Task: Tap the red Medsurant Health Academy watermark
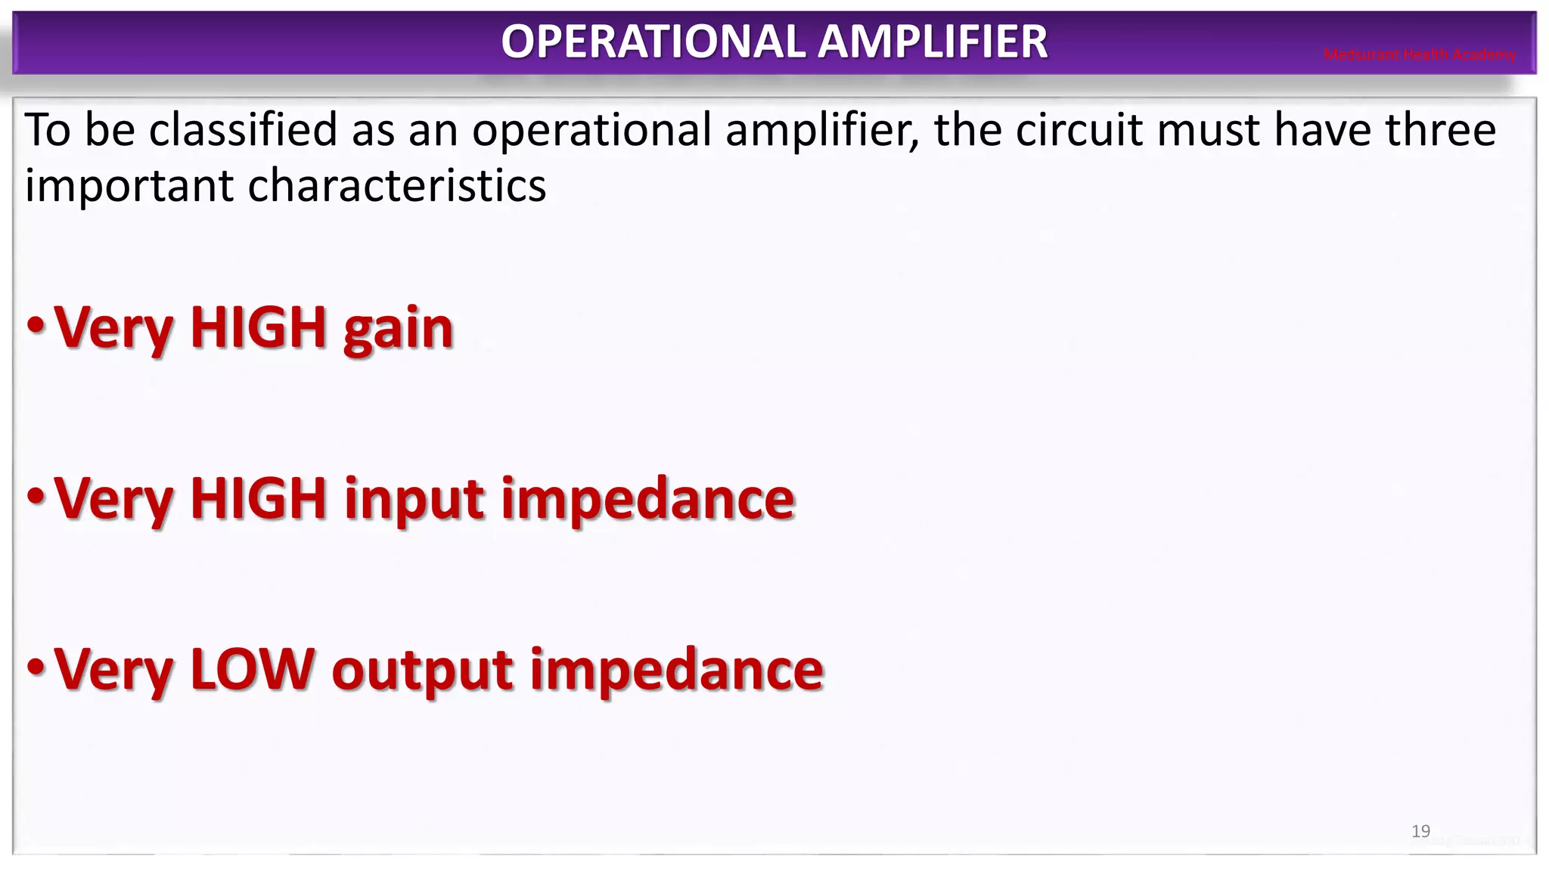(1419, 54)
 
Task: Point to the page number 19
(1420, 831)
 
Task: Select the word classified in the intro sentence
(243, 129)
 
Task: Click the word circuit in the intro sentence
(1079, 129)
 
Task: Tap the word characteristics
(396, 185)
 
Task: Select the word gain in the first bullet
(398, 330)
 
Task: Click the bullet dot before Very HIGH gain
(36, 325)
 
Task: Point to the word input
(414, 501)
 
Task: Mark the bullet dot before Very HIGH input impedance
(36, 496)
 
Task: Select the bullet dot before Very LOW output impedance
(36, 667)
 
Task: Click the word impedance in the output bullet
(676, 671)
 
